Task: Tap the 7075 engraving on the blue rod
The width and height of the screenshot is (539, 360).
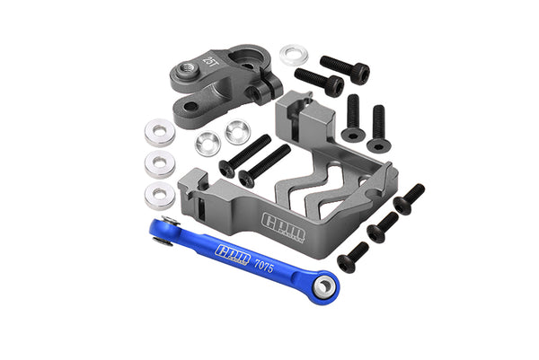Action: (x=264, y=265)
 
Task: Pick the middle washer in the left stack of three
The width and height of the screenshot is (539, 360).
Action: (x=161, y=164)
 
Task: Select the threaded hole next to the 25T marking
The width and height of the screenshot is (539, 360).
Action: (x=190, y=65)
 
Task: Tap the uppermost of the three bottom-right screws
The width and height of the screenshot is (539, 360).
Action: (x=409, y=198)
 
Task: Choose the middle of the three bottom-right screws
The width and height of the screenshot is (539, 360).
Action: (x=383, y=227)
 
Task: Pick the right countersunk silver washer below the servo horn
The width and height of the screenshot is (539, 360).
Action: (x=237, y=132)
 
